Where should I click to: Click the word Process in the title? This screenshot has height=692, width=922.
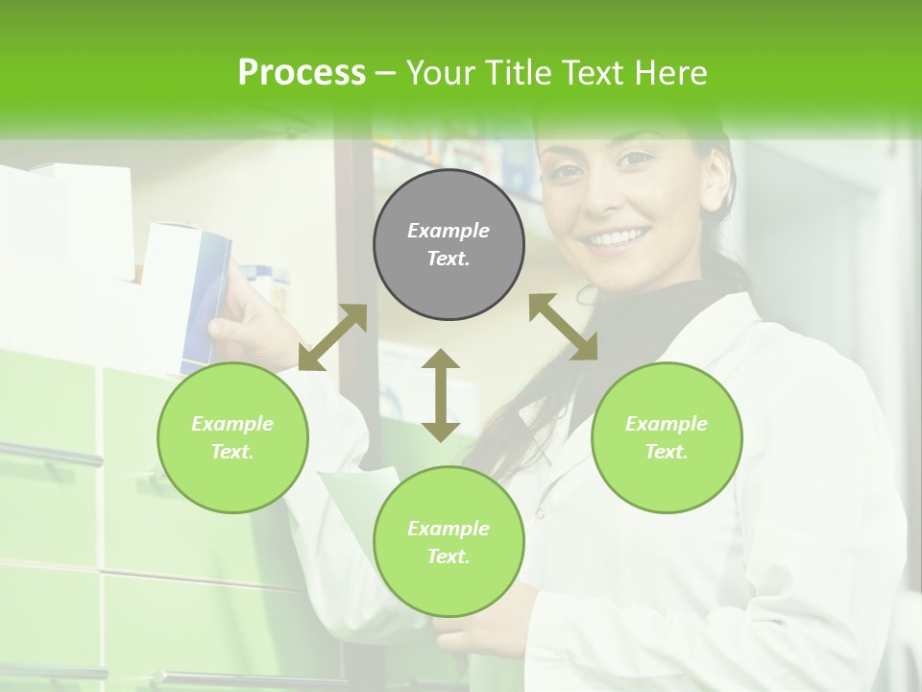[302, 73]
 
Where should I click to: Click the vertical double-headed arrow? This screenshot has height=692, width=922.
[441, 395]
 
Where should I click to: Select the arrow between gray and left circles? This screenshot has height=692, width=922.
[332, 337]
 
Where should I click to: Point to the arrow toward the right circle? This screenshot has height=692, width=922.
[563, 327]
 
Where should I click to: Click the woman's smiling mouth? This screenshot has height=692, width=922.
[616, 237]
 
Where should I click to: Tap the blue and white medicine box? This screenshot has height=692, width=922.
[203, 293]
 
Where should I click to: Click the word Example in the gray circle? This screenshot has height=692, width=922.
[449, 231]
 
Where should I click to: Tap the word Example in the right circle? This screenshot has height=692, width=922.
[667, 424]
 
